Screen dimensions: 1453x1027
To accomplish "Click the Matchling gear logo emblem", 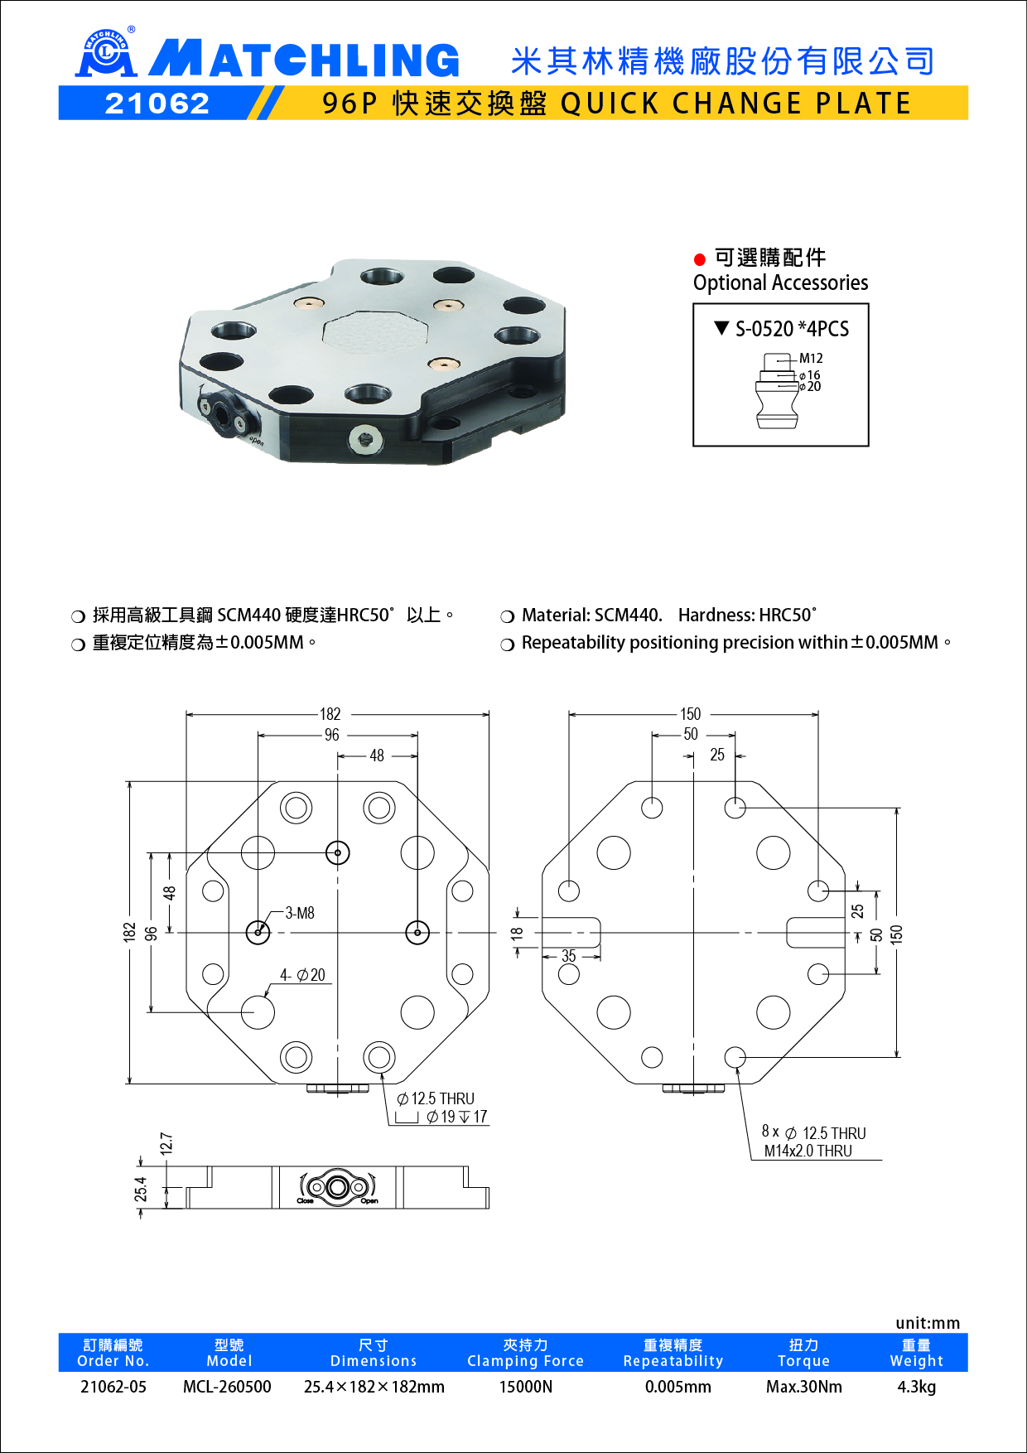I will [105, 54].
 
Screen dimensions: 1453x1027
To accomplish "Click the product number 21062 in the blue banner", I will [157, 104].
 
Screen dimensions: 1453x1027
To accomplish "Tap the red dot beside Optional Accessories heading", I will [700, 259].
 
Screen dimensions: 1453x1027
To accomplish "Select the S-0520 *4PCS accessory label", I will [792, 329].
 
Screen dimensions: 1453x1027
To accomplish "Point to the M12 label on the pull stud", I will [811, 358].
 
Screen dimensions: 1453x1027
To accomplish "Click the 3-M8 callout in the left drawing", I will [300, 913].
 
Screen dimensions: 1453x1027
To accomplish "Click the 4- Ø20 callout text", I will [302, 975].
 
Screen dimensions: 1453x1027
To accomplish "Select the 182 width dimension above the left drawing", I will [330, 714].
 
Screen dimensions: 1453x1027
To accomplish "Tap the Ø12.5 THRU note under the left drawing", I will [436, 1098].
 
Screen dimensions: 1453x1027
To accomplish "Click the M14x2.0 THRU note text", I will [808, 1151].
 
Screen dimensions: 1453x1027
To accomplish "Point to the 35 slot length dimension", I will [568, 956].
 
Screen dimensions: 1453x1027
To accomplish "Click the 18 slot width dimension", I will [518, 933].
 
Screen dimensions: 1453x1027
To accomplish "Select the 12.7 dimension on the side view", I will [166, 1143].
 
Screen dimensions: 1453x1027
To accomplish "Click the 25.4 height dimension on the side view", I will [141, 1189].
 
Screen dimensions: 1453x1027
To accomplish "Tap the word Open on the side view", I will [369, 1201].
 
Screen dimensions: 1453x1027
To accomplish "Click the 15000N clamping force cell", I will [525, 1387].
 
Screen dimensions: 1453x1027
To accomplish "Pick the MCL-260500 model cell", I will [227, 1387].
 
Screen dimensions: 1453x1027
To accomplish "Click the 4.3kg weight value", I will [916, 1387].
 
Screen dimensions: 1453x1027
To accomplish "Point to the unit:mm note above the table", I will [927, 1323].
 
